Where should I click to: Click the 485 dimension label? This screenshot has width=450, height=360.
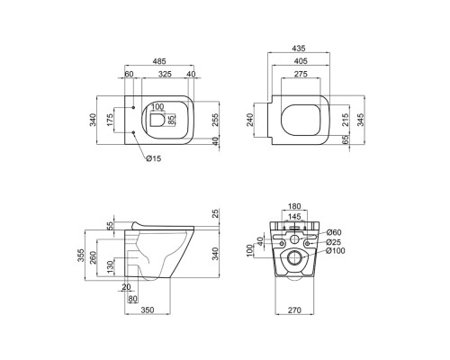pos(159,61)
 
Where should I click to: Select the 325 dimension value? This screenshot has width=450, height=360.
pos(165,74)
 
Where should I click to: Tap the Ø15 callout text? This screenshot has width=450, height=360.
pos(154,158)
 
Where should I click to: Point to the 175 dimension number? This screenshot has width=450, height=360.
pos(110,120)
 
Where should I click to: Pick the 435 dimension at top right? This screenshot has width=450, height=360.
pos(299,48)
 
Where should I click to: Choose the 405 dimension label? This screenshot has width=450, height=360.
pos(301,61)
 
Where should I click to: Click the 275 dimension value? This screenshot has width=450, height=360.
pos(301,74)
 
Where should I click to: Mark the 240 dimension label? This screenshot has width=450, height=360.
pos(250,120)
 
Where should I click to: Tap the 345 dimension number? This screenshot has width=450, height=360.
pos(361,120)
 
